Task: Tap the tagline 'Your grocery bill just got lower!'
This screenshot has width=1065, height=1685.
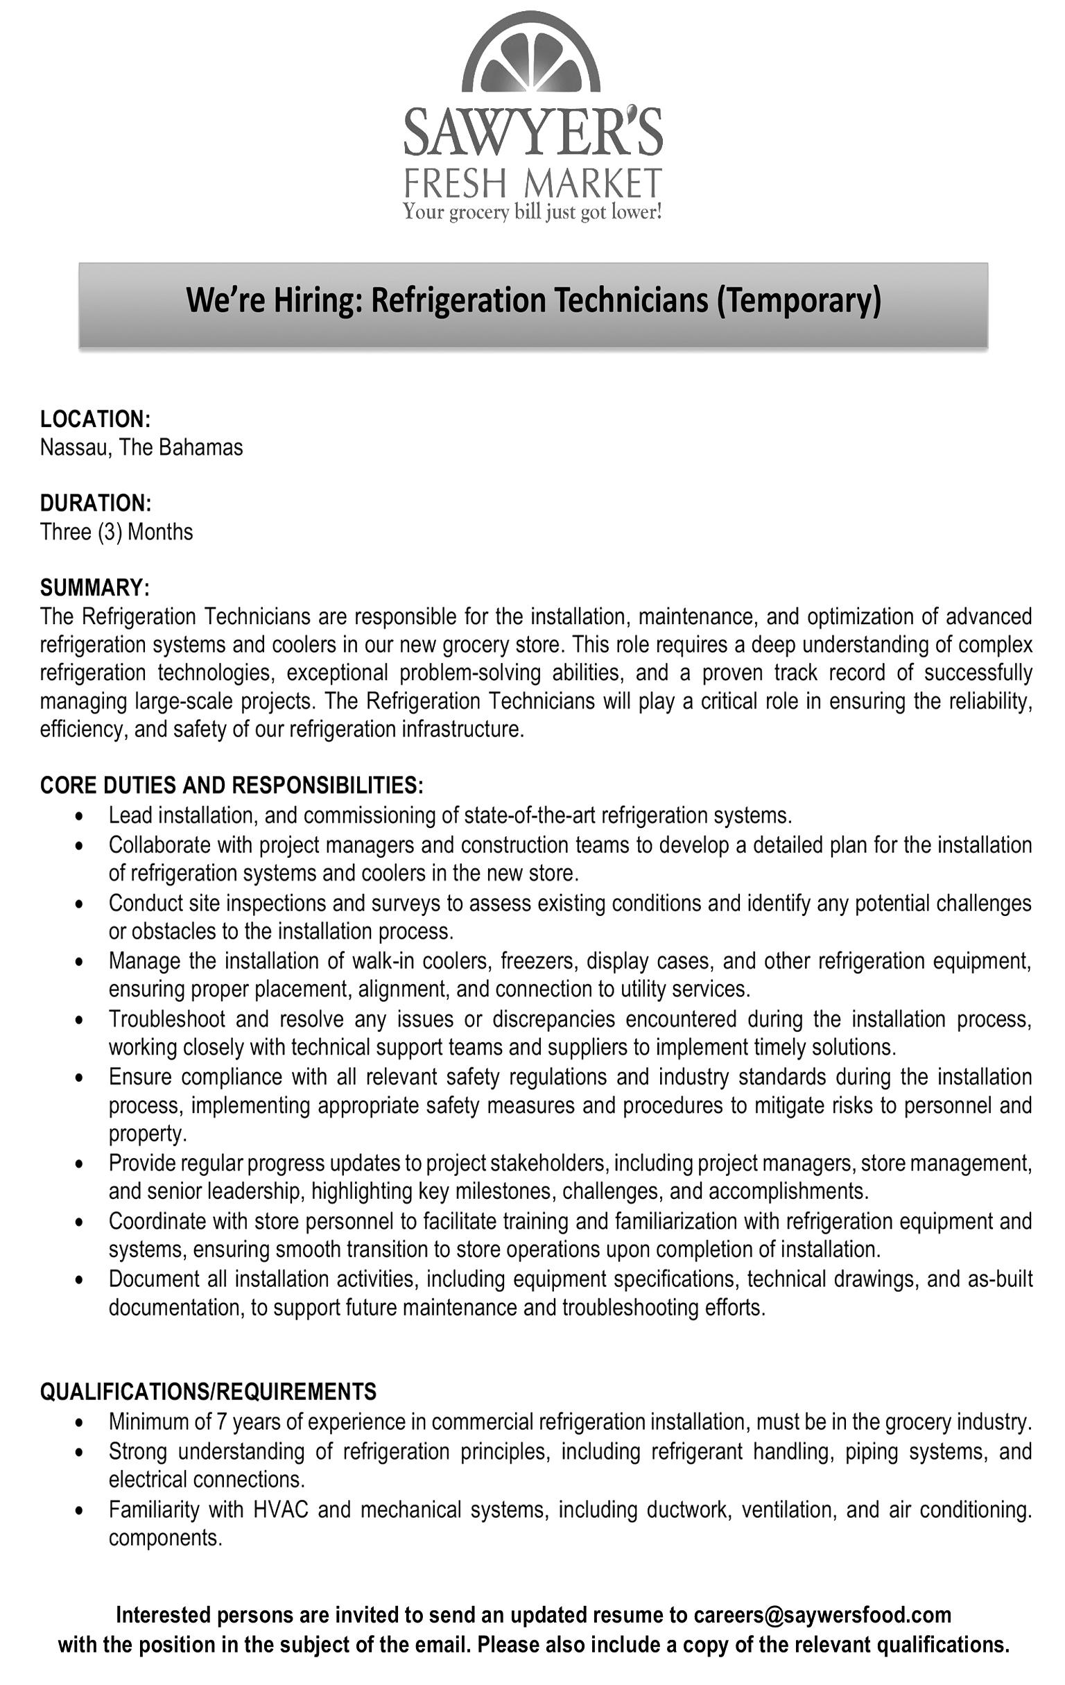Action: pyautogui.click(x=532, y=212)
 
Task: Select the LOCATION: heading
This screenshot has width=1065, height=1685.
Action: pyautogui.click(x=95, y=419)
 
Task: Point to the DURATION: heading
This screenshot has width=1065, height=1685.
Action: pyautogui.click(x=95, y=503)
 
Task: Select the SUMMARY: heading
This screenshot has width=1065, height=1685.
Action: pyautogui.click(x=94, y=587)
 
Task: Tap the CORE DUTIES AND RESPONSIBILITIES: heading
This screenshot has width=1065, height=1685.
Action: pyautogui.click(x=232, y=785)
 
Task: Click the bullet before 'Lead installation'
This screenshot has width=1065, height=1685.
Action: pyautogui.click(x=83, y=816)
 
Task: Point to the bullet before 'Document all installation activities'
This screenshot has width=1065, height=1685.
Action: pyautogui.click(x=83, y=1280)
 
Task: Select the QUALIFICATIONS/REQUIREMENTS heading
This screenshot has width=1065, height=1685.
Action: pyautogui.click(x=208, y=1391)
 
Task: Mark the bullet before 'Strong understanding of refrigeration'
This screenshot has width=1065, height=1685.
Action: pyautogui.click(x=83, y=1452)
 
